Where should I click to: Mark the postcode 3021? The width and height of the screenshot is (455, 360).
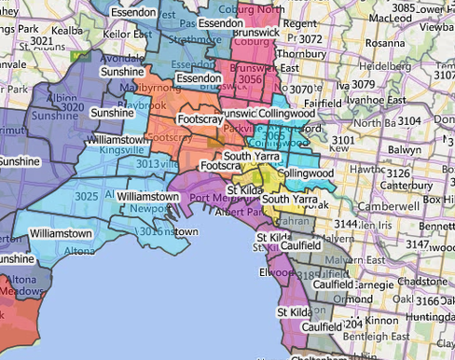(41, 42)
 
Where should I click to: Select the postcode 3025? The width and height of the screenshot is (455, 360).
(87, 196)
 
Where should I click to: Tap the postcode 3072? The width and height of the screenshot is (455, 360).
(310, 39)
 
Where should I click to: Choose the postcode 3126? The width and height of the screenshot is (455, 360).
(399, 173)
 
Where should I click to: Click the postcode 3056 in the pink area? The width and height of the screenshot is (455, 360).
(250, 80)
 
